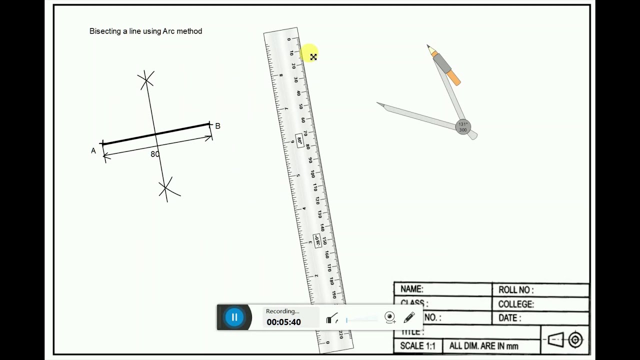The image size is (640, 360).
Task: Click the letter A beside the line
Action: coord(93,150)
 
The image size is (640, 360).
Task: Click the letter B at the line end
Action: coord(217,126)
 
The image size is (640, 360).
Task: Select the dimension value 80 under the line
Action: coord(155,154)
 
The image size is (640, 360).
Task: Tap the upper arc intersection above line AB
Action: coord(146,79)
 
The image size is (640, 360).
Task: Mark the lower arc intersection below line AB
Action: coord(165,188)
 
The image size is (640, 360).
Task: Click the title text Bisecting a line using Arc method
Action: coord(145,31)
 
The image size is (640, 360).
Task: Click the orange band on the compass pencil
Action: coord(453,77)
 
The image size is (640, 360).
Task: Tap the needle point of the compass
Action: coord(378,103)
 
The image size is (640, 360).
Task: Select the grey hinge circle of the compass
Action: coord(463,127)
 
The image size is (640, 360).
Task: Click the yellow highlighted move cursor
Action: coord(313,57)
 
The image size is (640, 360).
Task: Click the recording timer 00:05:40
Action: coord(283,322)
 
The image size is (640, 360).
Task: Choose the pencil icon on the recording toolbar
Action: coord(409,317)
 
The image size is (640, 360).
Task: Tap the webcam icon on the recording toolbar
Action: coord(390,317)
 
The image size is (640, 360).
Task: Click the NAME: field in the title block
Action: coord(412,289)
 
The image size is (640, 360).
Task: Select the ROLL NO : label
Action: coord(515,289)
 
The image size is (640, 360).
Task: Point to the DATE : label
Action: coord(509,318)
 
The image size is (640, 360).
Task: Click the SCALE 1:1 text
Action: coord(417,345)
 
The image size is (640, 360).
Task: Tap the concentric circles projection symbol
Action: coord(575,340)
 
